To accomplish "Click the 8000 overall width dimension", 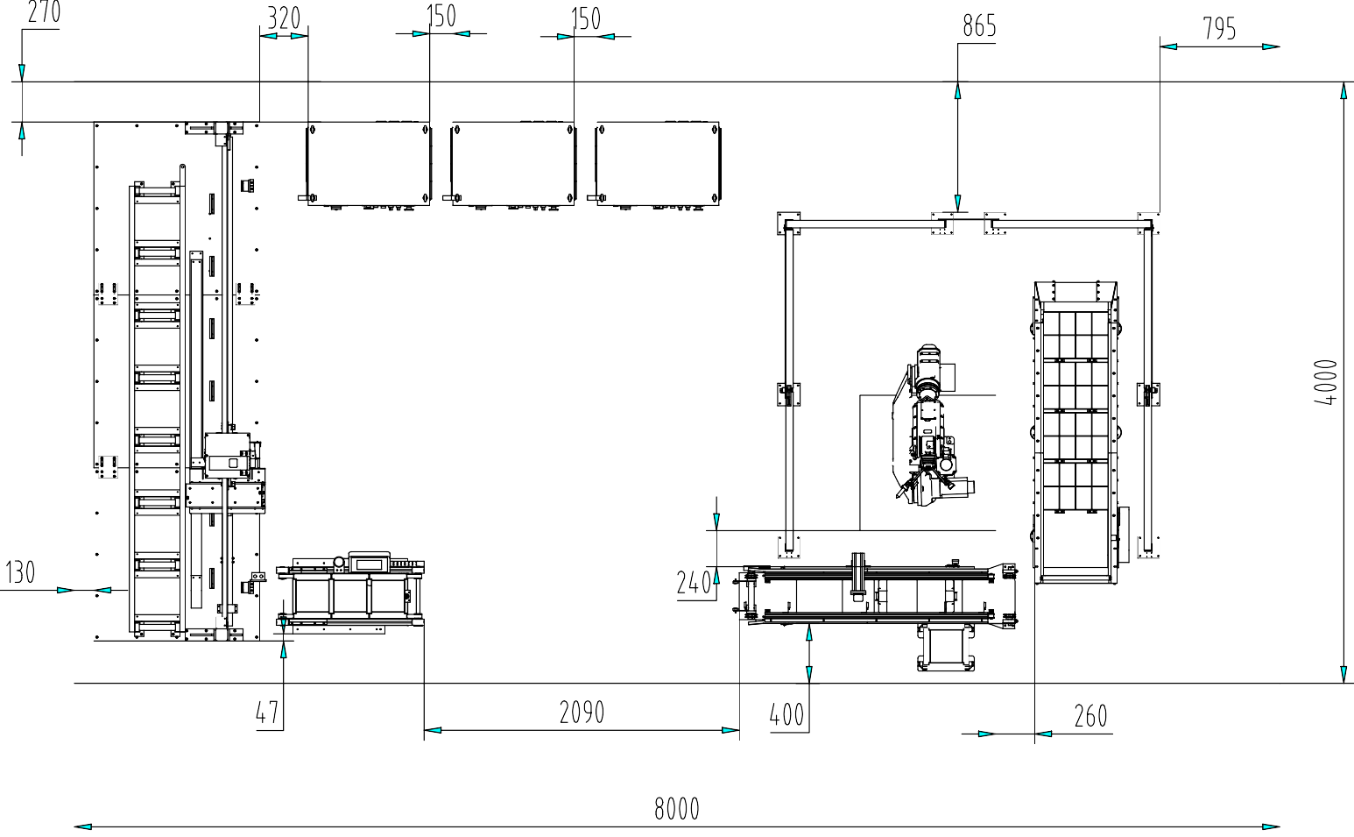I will click(x=677, y=808).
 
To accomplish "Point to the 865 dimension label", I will click(x=979, y=26).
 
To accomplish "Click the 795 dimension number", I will click(x=1219, y=30).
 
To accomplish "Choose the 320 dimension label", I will click(x=283, y=18).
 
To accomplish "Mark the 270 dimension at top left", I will click(x=44, y=12).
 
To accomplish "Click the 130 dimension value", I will click(x=20, y=572).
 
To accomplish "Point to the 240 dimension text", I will click(x=694, y=583).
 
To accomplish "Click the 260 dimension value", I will click(x=1090, y=717).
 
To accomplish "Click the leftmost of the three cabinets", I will click(x=368, y=165).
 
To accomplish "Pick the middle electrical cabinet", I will click(x=512, y=165).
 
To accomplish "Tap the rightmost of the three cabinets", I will click(x=657, y=165).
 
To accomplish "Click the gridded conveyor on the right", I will click(x=1076, y=412).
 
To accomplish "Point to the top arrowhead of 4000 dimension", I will click(x=1343, y=89).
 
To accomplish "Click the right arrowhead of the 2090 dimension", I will click(x=731, y=730).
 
